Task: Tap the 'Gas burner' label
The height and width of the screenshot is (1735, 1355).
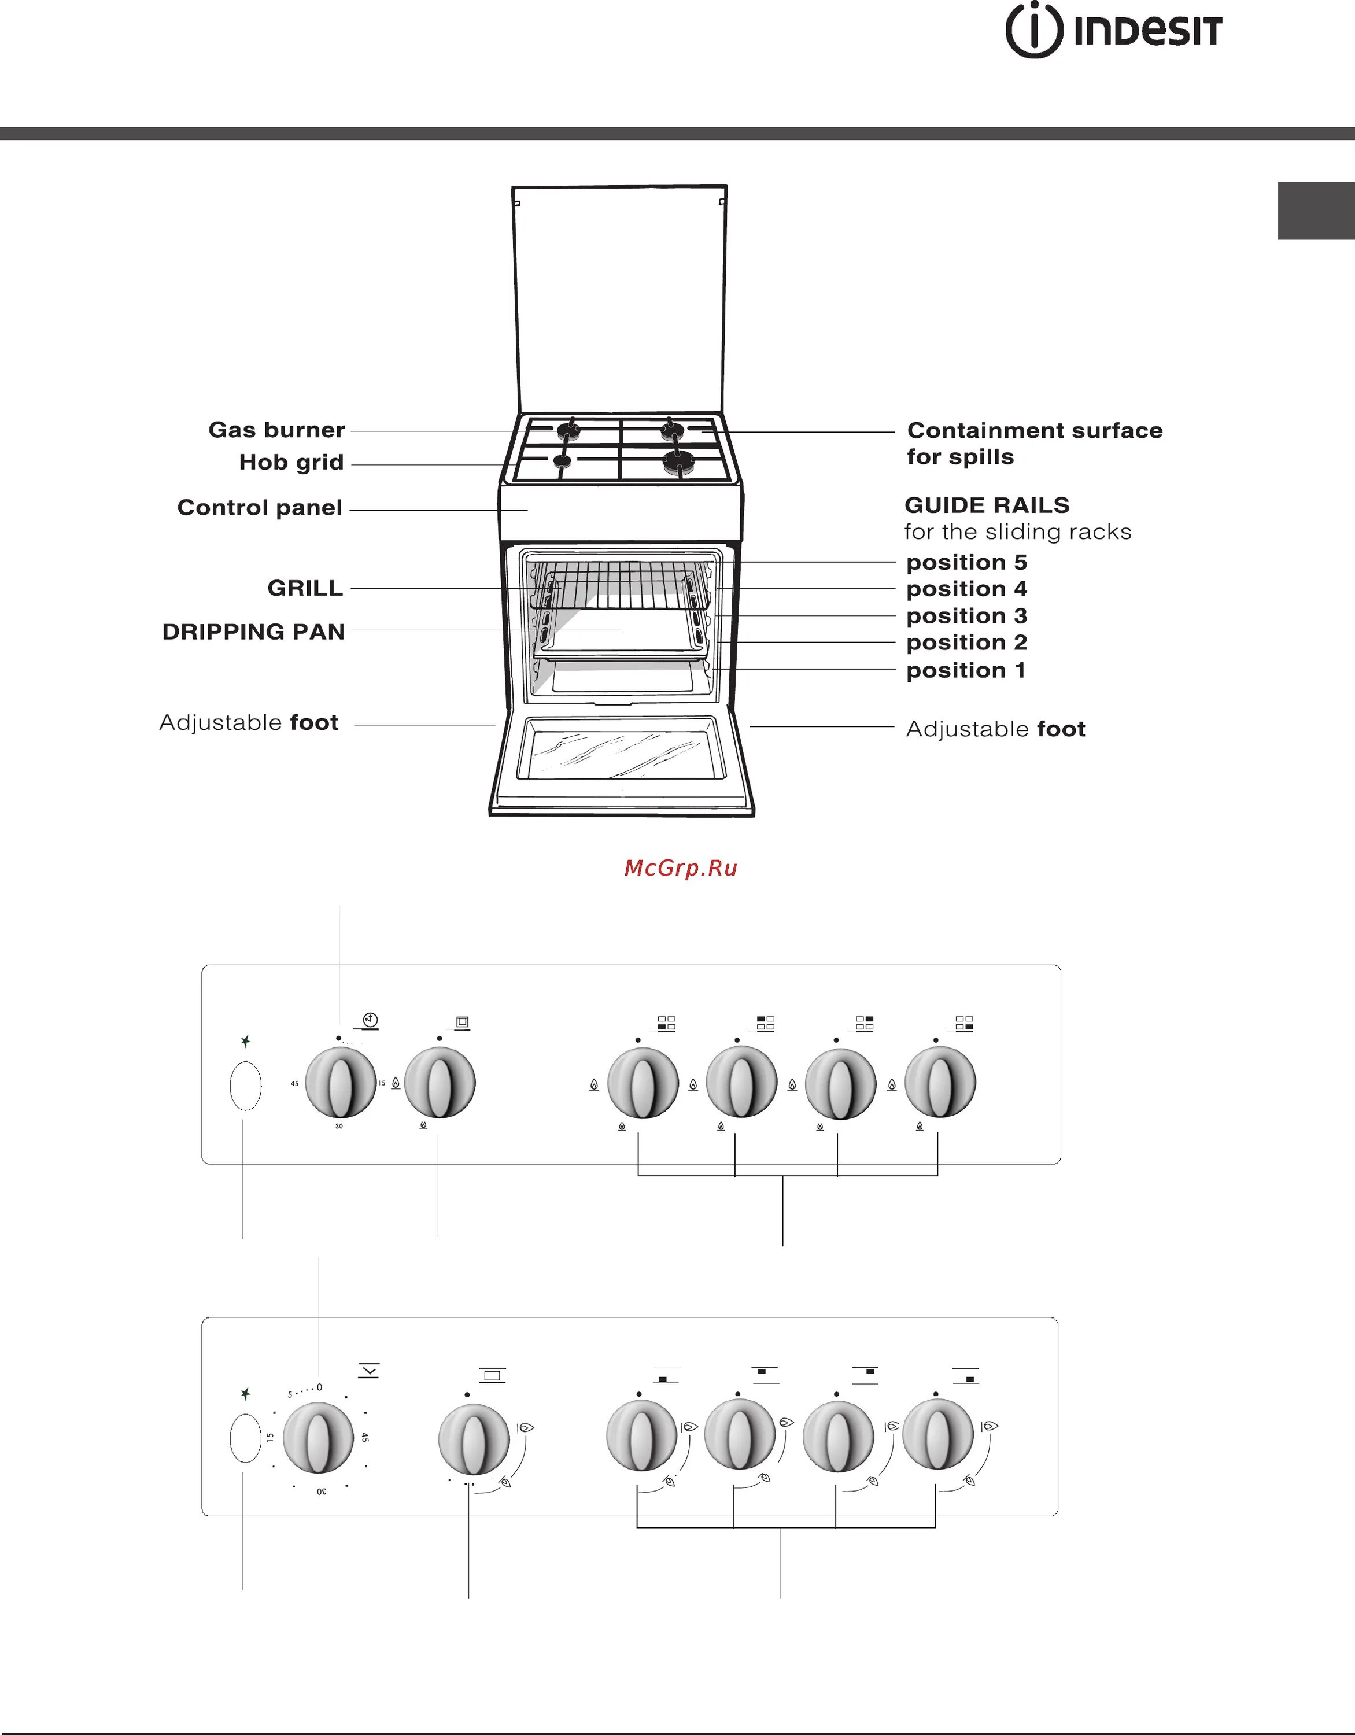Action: point(276,430)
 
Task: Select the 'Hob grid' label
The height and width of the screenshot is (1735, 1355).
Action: point(291,462)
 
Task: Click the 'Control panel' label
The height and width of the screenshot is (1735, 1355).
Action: point(260,508)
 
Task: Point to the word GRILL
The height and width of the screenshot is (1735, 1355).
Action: point(305,588)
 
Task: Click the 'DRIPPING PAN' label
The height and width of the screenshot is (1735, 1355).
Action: point(253,632)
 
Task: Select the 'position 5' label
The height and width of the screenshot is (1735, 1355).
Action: point(966,563)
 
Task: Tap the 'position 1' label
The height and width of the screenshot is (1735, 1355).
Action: point(966,670)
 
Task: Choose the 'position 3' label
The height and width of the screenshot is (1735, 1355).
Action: point(966,616)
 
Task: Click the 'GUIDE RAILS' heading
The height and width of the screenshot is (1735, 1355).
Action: point(987,505)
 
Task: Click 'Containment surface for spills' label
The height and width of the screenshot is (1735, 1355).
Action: point(1034,443)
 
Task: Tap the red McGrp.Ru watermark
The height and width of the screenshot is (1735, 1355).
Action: point(681,867)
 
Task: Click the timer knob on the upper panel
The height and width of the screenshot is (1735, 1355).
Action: point(341,1082)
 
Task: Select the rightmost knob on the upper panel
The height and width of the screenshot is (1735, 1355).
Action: point(940,1082)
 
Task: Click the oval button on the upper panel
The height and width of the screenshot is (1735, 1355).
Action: point(245,1085)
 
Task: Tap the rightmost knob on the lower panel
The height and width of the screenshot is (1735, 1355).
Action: point(938,1435)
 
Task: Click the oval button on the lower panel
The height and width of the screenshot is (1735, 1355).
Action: point(245,1438)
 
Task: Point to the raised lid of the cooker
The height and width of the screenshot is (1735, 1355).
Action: point(619,298)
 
